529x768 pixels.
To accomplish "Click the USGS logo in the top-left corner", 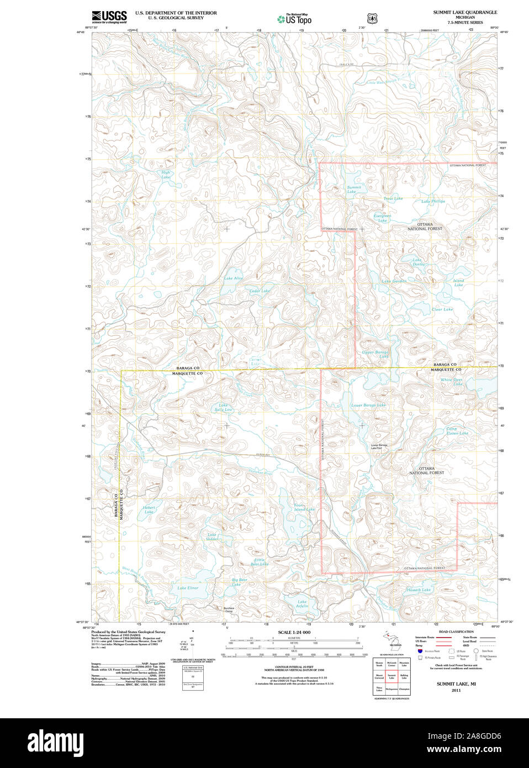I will coord(109,16).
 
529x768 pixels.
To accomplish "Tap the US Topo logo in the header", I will coord(294,19).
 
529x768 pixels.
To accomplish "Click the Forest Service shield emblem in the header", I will coord(373,19).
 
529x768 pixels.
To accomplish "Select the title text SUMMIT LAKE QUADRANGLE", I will coord(464,12).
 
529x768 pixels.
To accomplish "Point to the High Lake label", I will coord(166,175).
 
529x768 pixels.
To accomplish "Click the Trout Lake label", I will coord(393,198).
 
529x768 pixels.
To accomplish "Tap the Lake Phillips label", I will coord(433,202).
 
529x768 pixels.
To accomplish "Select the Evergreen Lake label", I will coord(382,218).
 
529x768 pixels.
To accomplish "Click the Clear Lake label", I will coord(442,309).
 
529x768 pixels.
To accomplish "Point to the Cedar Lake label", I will coord(259,291).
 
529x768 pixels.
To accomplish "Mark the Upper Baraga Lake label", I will coord(375,354).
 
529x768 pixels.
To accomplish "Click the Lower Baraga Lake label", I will coord(368,405).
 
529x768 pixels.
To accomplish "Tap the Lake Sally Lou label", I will coord(223,407).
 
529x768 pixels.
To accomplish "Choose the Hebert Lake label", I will coord(149,509).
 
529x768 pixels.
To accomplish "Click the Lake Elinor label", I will coord(188,588).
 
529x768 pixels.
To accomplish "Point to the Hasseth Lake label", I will coord(419,590).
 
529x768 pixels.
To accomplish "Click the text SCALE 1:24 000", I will coord(294,632).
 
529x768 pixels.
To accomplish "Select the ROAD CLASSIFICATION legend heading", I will coord(456,632).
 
